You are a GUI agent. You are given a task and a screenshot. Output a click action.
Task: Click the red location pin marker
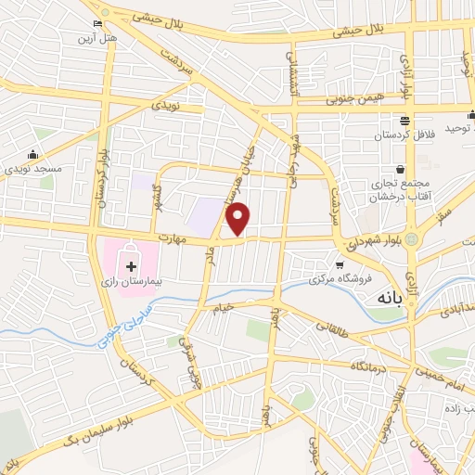238,217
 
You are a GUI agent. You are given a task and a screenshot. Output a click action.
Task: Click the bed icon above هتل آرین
97,23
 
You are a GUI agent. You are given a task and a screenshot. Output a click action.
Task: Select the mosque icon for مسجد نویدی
34,155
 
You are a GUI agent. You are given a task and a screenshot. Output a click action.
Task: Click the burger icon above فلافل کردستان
404,121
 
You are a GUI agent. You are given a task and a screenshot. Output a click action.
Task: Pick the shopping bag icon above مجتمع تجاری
400,170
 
